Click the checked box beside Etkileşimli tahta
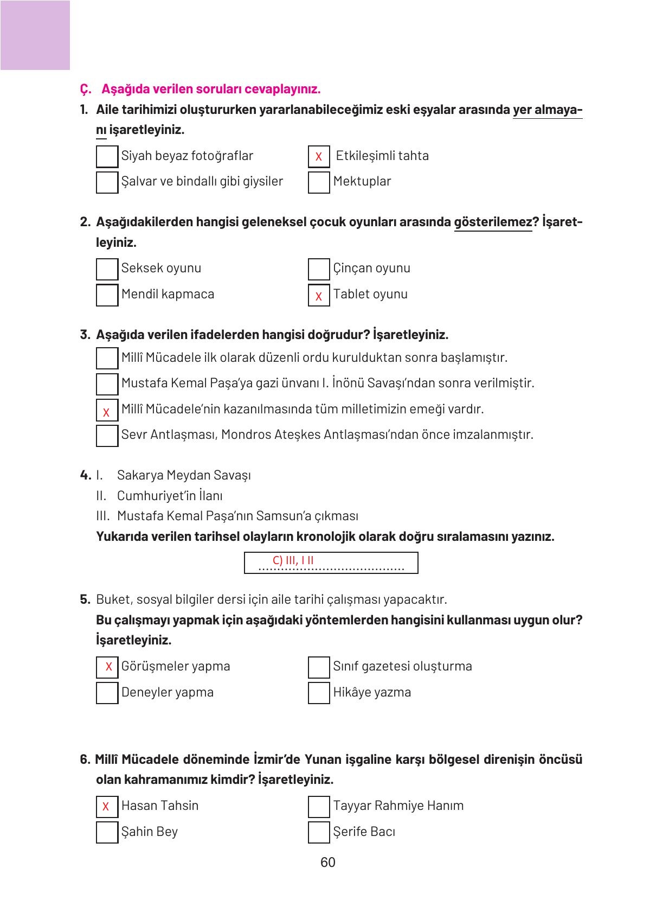pyautogui.click(x=319, y=156)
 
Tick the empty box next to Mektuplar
pyautogui.click(x=319, y=182)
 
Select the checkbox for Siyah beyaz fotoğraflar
pyautogui.click(x=107, y=156)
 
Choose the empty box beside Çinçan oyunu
pyautogui.click(x=319, y=269)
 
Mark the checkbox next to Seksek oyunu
pyautogui.click(x=107, y=269)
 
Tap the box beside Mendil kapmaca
pyautogui.click(x=107, y=295)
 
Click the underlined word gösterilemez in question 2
pyautogui.click(x=493, y=222)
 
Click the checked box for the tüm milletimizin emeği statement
pyautogui.click(x=107, y=411)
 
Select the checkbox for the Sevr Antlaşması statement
pyautogui.click(x=107, y=436)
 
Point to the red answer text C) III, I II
pyautogui.click(x=293, y=560)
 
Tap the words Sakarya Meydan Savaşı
pyautogui.click(x=184, y=475)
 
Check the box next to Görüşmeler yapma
pyautogui.click(x=107, y=667)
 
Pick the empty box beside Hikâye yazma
pyautogui.click(x=319, y=693)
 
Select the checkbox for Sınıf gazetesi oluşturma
pyautogui.click(x=319, y=667)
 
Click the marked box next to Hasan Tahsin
pyautogui.click(x=107, y=807)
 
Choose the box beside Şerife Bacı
pyautogui.click(x=319, y=832)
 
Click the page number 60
pyautogui.click(x=328, y=863)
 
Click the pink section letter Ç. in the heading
pyautogui.click(x=85, y=89)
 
